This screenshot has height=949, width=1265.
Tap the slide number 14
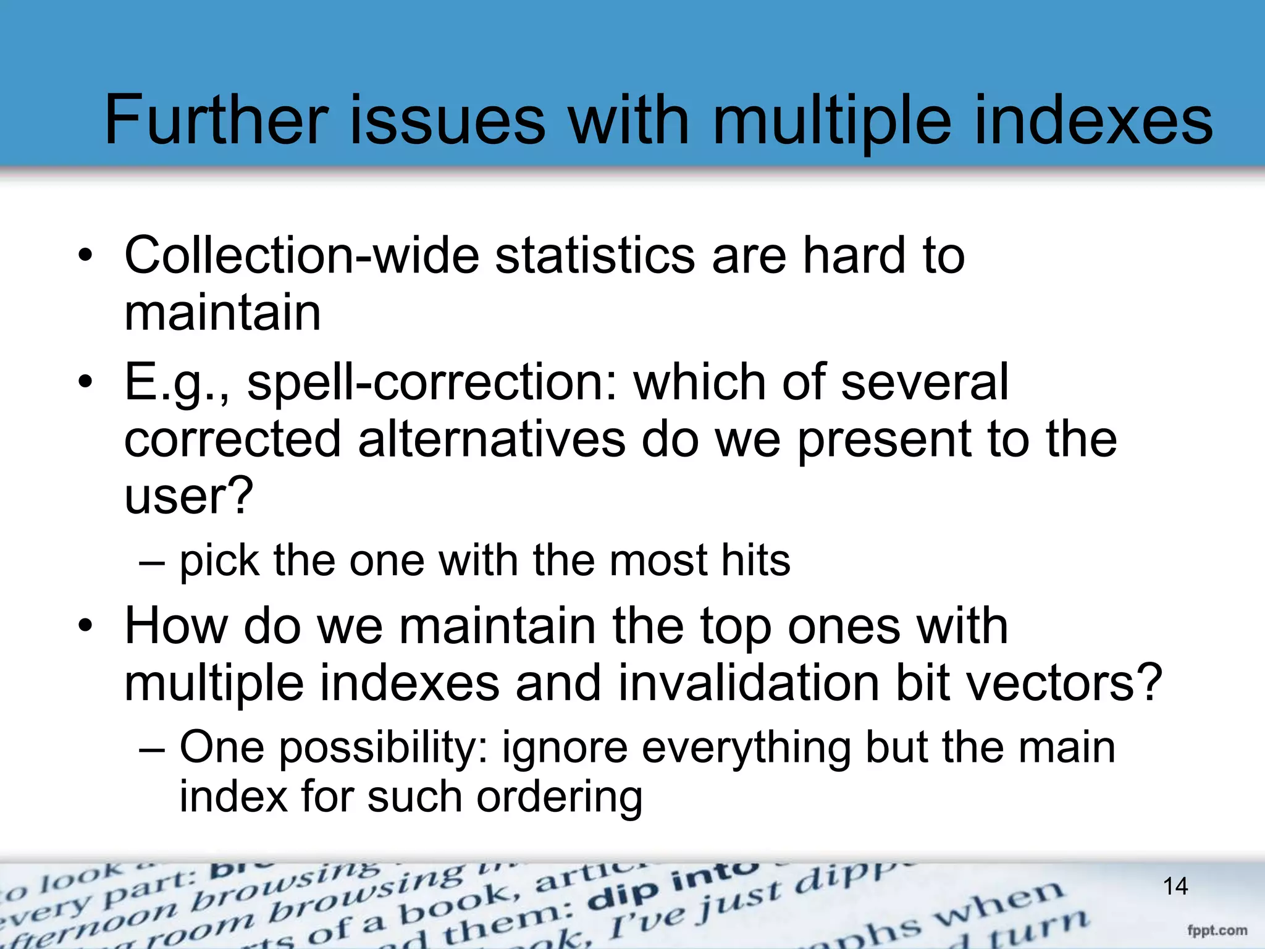(x=1175, y=887)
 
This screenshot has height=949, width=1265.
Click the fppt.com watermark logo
(x=1217, y=930)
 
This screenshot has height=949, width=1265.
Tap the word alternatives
(x=492, y=439)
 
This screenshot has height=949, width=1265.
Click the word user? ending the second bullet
(x=188, y=496)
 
